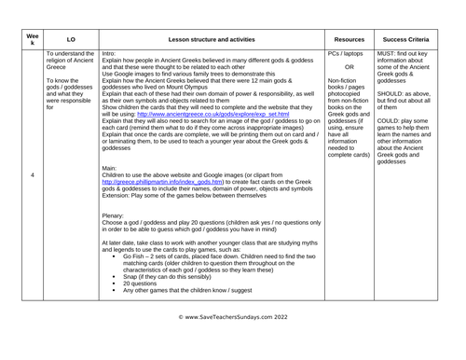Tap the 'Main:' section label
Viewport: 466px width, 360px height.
110,168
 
